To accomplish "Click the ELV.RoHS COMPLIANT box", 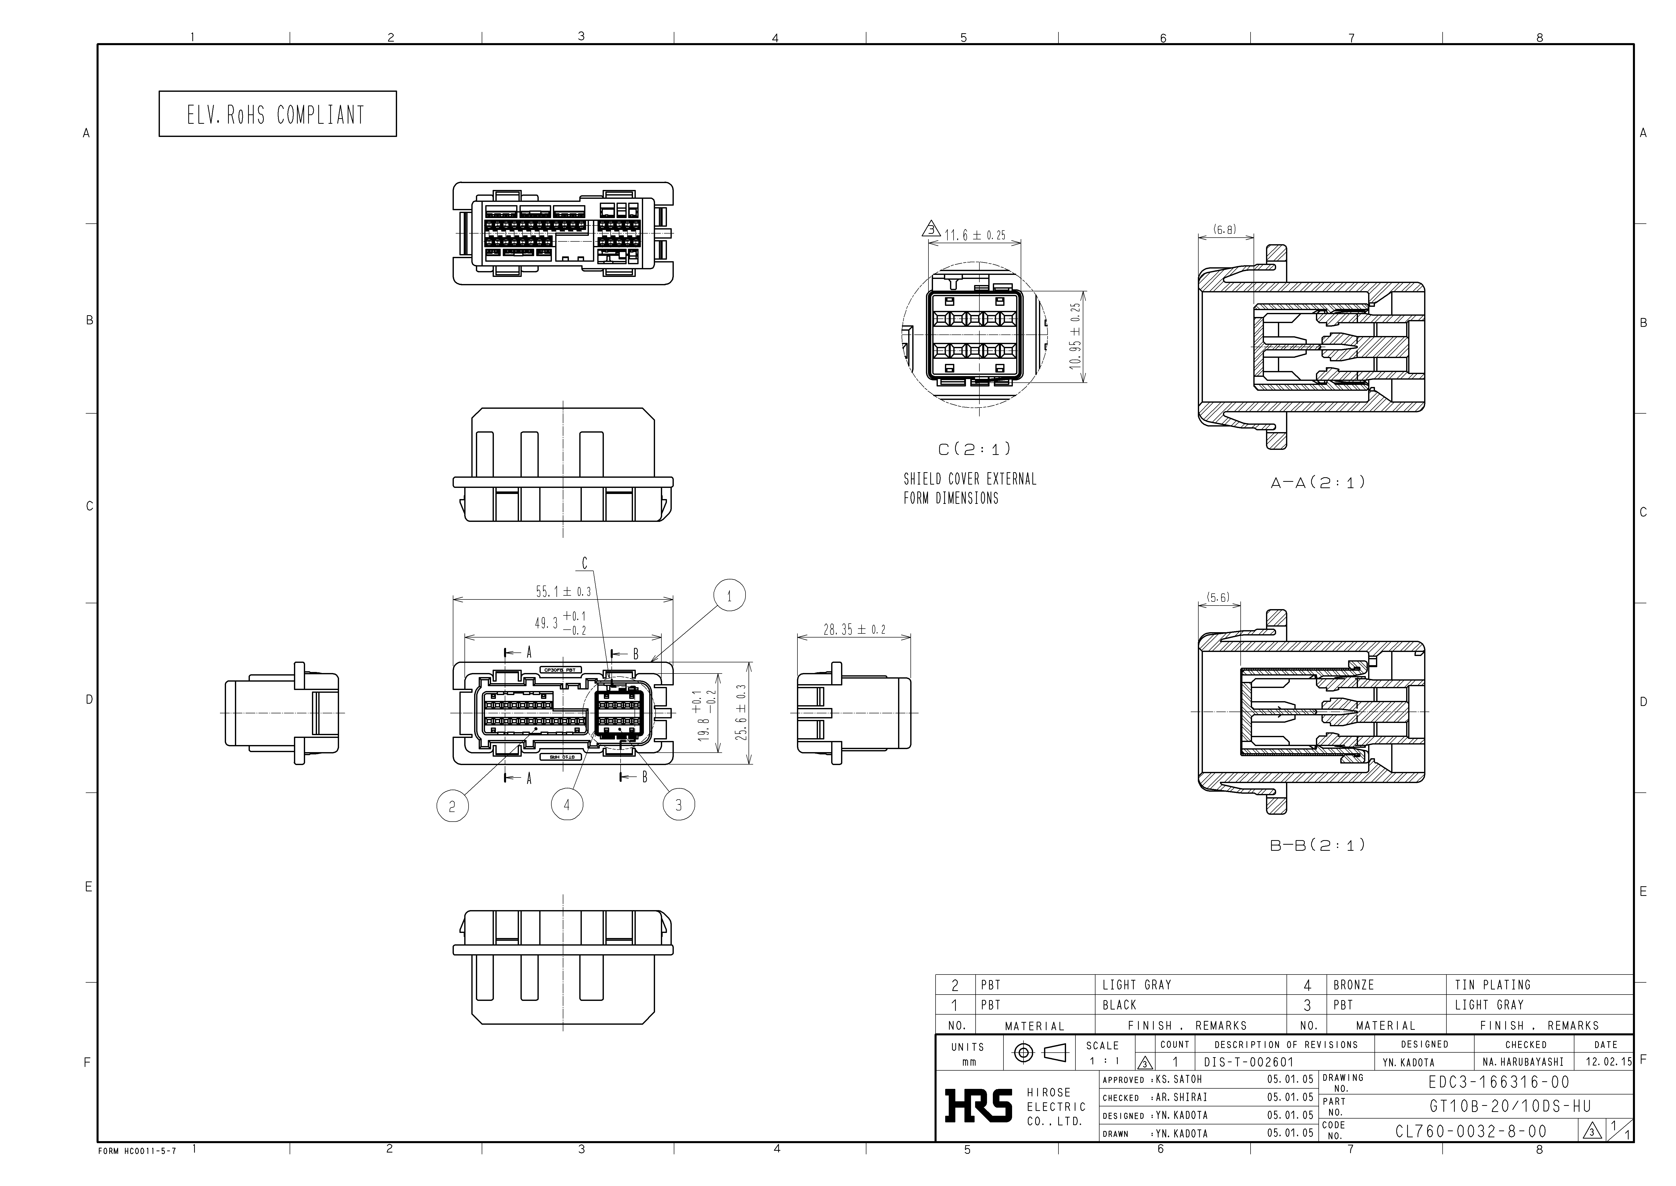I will click(x=277, y=114).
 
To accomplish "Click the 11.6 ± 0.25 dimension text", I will click(x=975, y=235).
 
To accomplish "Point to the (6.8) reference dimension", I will click(x=1225, y=229).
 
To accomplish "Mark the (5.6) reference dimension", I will click(x=1218, y=597).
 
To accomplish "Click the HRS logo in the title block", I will click(x=978, y=1106).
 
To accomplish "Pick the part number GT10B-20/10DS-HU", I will click(x=1510, y=1106).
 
